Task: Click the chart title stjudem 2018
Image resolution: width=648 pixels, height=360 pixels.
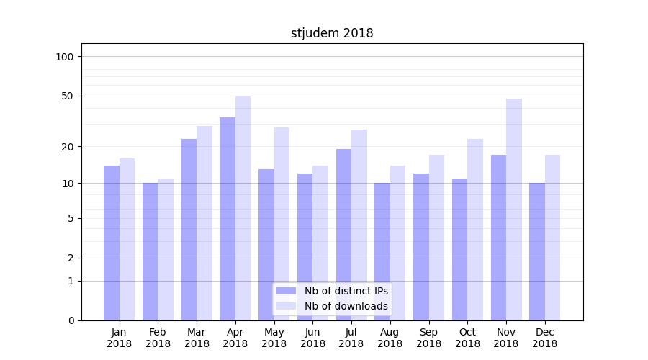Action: point(332,33)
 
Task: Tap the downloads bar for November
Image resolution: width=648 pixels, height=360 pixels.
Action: point(513,210)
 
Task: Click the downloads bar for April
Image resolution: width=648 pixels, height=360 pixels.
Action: point(243,208)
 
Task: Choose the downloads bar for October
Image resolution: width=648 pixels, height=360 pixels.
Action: point(475,230)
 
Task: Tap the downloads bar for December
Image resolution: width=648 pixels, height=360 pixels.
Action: point(552,238)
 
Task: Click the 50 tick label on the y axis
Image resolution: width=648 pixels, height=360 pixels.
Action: point(67,96)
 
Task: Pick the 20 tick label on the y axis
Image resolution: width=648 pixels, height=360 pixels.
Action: point(67,147)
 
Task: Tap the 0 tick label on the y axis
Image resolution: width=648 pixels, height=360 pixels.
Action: point(71,320)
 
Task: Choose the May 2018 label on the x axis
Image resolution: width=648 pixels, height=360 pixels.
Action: point(274,338)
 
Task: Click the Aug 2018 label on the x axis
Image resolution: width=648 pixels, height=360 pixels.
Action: point(390,338)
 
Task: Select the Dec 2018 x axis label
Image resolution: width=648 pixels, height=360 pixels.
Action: point(544,338)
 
